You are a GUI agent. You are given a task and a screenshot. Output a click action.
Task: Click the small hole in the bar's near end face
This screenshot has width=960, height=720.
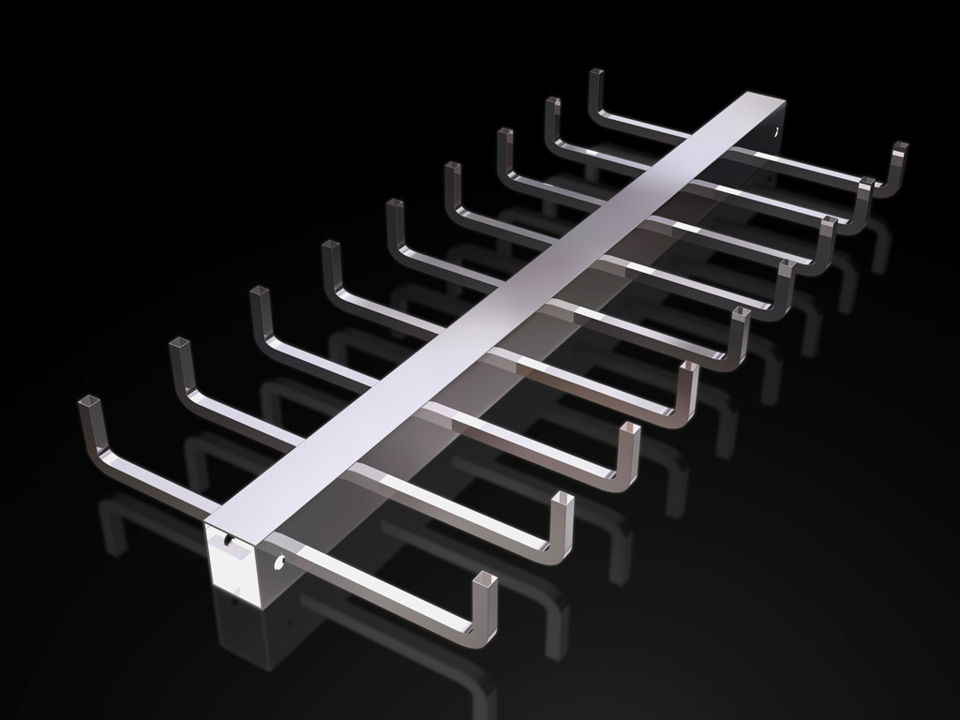tap(229, 540)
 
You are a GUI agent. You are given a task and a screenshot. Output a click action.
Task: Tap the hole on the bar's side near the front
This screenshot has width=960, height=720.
tap(277, 563)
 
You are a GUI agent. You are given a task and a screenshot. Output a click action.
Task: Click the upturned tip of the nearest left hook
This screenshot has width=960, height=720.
tap(90, 403)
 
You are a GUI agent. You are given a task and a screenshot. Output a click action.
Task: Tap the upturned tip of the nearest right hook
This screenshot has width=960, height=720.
tap(485, 580)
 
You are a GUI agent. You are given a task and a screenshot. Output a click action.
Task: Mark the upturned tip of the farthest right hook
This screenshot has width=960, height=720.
tap(900, 147)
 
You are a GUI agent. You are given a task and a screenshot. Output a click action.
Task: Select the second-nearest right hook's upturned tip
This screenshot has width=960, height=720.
tap(562, 500)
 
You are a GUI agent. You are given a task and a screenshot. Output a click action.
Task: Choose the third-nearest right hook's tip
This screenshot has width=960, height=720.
tap(630, 430)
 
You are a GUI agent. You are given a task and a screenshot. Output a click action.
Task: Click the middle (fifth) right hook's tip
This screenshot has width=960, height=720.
tap(741, 314)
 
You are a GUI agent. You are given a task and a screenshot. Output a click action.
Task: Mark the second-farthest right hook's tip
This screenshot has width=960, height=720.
tap(866, 182)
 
